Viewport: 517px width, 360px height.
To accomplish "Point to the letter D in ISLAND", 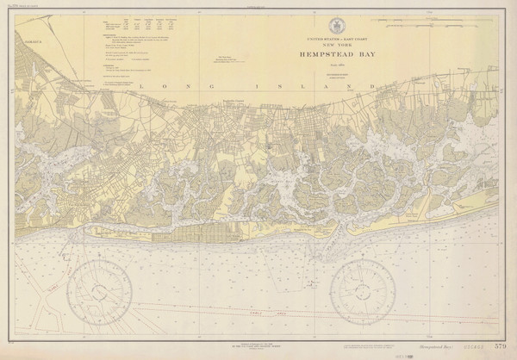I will [372, 87].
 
